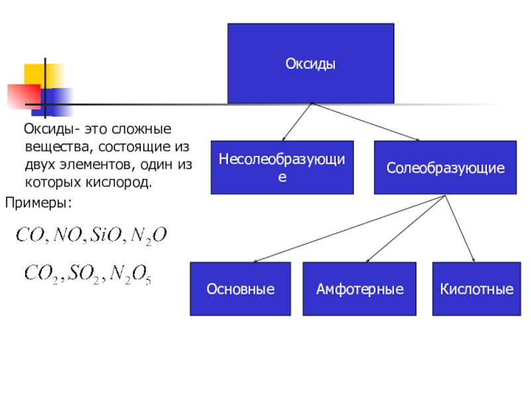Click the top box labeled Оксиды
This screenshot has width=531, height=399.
point(311,64)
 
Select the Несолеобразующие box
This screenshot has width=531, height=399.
point(282,168)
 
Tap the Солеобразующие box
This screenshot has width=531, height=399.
point(445,168)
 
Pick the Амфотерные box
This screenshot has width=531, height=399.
point(360,289)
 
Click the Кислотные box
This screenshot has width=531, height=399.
point(477,289)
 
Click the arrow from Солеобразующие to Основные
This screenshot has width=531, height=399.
point(345,229)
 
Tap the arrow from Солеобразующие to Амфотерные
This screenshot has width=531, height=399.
point(405,229)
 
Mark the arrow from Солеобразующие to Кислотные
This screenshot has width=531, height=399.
point(459,229)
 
